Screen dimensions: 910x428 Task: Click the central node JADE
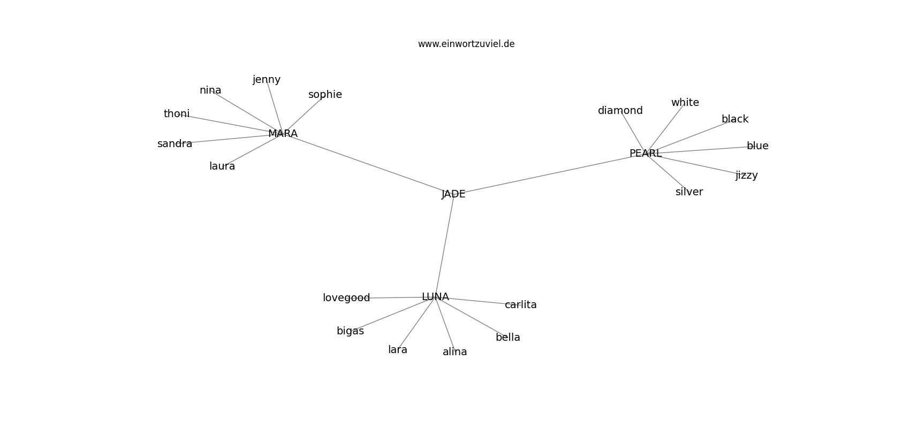pos(453,194)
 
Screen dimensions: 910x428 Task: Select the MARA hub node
pos(283,133)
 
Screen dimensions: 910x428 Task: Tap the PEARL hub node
pos(646,153)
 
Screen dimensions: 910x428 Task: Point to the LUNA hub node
pos(435,297)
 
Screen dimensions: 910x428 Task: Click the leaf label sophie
pos(325,95)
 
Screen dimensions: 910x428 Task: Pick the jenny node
pos(267,80)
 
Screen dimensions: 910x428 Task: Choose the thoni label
pos(176,114)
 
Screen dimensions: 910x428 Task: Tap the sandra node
pos(175,143)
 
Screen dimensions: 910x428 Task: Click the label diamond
pos(620,110)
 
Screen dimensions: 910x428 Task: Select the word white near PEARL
pos(685,102)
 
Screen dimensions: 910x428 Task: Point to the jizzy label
pos(747,175)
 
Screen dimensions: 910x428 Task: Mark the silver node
pos(689,192)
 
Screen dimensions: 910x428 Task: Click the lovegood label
pos(346,298)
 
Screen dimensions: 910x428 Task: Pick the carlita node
pos(520,304)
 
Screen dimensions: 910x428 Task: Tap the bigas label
pos(350,331)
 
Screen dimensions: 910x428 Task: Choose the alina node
pos(454,351)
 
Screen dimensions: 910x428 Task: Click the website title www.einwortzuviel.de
pos(466,44)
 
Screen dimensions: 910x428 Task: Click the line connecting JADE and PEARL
pos(549,174)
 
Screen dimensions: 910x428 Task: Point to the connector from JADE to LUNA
pos(444,245)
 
